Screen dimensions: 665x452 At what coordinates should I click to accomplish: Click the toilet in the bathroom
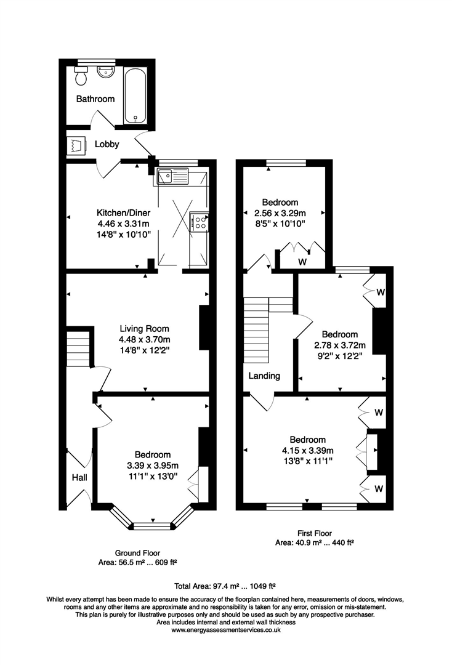click(80, 76)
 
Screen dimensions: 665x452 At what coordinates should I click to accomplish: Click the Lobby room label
click(107, 144)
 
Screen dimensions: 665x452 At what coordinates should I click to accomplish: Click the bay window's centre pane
click(152, 525)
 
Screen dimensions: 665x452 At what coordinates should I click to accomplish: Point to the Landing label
click(264, 376)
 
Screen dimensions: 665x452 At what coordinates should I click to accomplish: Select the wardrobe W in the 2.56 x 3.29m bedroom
click(302, 261)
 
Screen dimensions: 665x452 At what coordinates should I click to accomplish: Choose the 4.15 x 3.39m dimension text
click(307, 451)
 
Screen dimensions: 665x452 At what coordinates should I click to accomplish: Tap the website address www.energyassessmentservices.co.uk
click(226, 630)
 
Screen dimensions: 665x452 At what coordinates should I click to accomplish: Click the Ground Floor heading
click(138, 553)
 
